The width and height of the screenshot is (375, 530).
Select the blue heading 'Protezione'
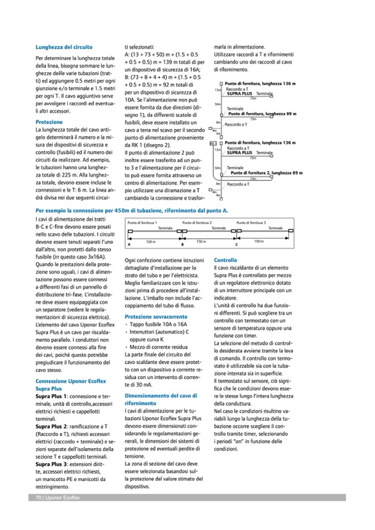pos(49,122)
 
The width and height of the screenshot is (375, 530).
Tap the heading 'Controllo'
pos(225,260)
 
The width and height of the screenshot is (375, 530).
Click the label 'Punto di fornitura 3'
pos(251,222)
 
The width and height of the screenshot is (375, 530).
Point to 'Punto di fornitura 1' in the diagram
pos(139,222)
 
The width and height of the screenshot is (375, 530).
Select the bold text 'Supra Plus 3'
pos(51,464)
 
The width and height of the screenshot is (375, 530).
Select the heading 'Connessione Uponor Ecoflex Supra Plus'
pos(64,385)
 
